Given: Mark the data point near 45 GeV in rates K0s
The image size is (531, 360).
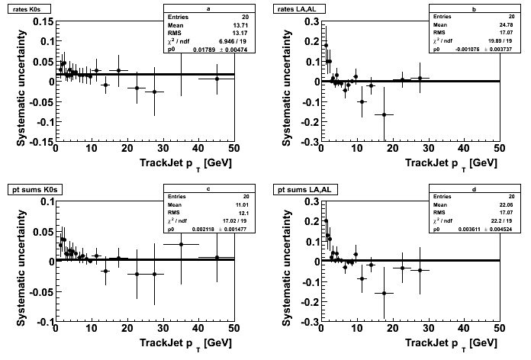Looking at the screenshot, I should tap(217, 79).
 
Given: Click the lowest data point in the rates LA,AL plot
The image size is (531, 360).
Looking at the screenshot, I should tap(384, 114).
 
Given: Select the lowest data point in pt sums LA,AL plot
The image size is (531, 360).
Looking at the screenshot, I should tap(384, 293).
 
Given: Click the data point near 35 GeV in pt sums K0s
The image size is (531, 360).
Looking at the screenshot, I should tap(181, 244).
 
